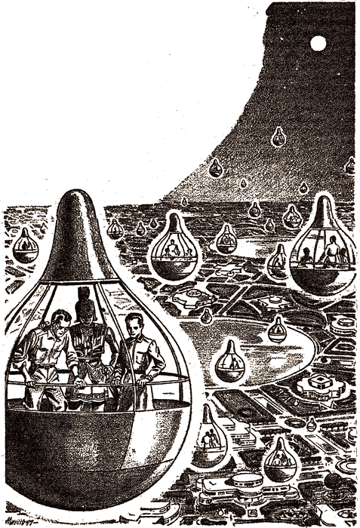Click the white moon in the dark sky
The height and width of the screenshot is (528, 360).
pos(318,44)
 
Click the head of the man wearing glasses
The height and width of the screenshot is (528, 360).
pos(43,316)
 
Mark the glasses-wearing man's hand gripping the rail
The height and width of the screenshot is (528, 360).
pos(36,386)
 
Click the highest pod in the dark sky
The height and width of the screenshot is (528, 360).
pos(278,137)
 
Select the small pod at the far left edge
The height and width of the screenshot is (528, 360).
pos(26,245)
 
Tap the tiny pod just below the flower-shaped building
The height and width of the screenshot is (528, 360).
pos(312,423)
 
